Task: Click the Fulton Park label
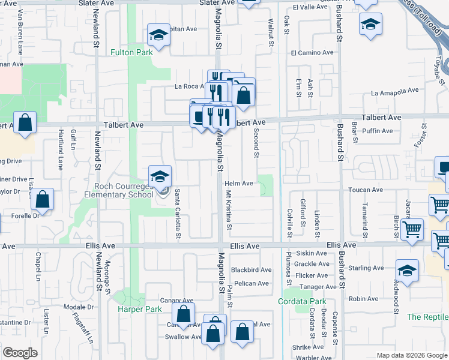131,52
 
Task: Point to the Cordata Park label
302,301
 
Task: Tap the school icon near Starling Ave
408,271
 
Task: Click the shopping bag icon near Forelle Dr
43,199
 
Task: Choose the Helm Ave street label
239,184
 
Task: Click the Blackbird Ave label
252,270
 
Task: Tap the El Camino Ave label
312,53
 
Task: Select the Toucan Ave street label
366,190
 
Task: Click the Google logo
20,353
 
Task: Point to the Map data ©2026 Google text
411,355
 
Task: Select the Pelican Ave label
252,283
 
